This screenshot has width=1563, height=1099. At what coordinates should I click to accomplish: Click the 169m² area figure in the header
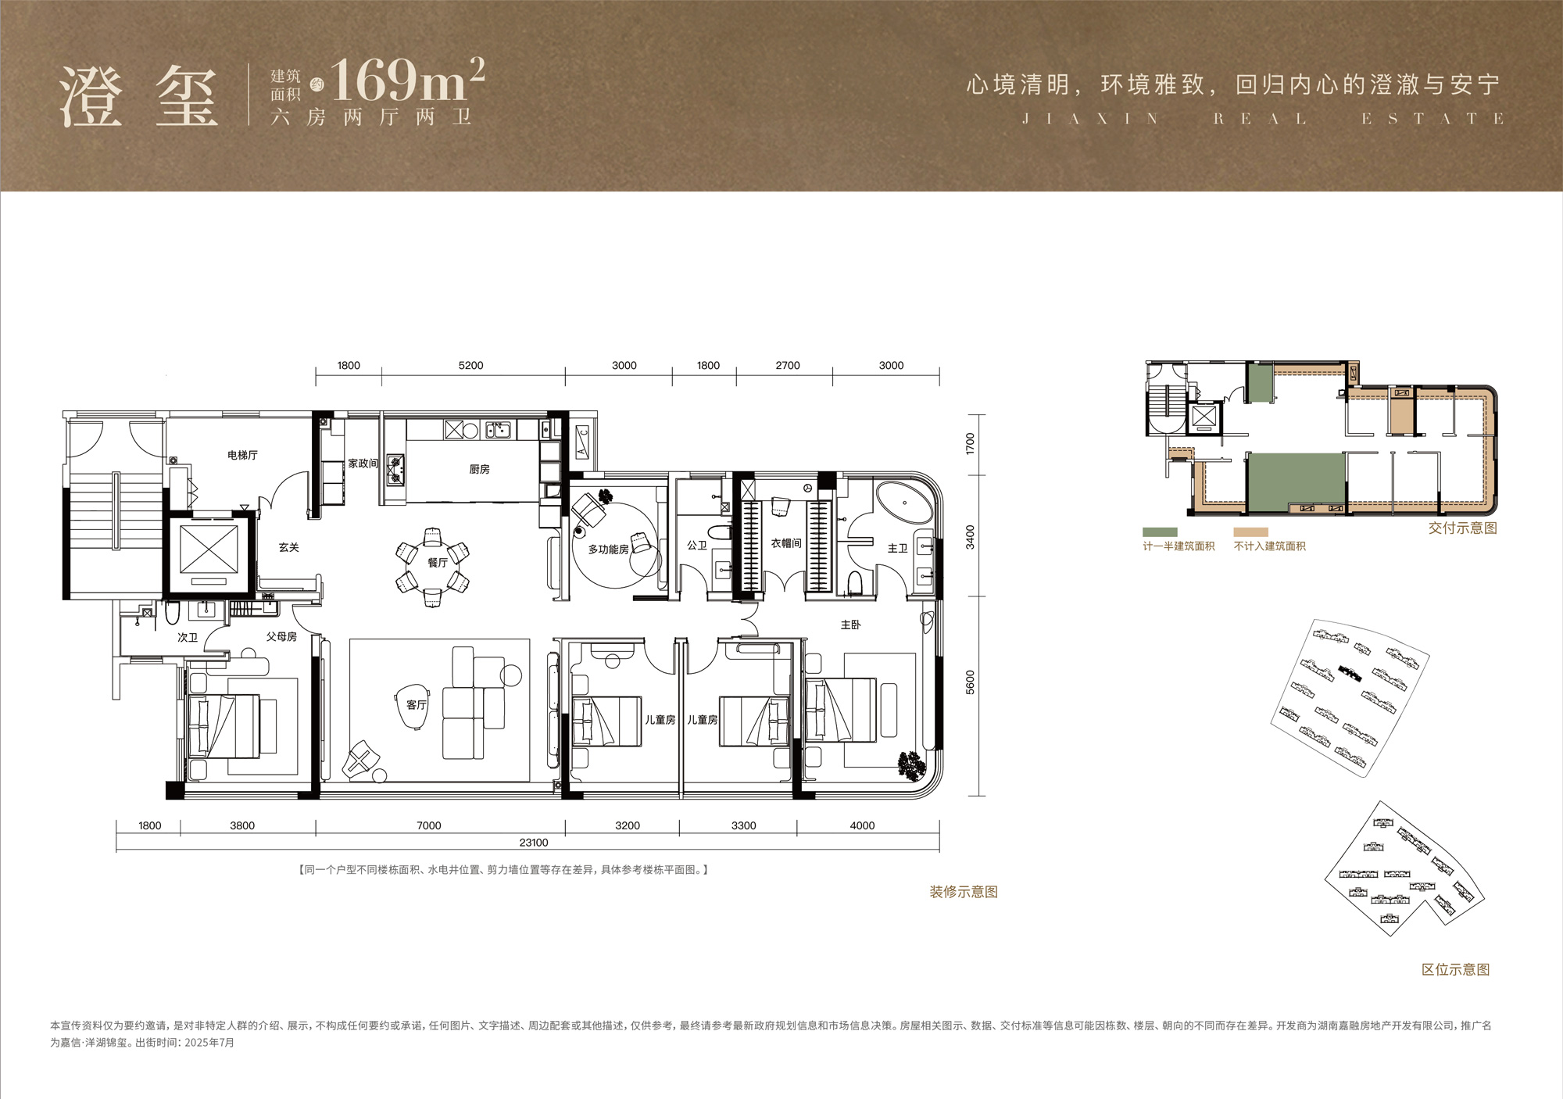(408, 81)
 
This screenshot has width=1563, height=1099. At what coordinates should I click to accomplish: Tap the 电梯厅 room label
(242, 455)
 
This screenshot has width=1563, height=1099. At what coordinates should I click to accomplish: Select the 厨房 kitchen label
(479, 469)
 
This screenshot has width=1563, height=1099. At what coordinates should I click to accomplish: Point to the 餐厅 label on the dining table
(438, 563)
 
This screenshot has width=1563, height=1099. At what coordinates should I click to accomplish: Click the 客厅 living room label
(417, 705)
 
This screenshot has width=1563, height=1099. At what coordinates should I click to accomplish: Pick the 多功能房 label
(608, 549)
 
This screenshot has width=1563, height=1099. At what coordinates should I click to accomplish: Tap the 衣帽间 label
(786, 543)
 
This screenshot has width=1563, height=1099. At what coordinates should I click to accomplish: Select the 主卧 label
(851, 625)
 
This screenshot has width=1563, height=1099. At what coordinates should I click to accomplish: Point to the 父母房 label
(281, 637)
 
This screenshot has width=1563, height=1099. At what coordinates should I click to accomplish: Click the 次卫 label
(188, 638)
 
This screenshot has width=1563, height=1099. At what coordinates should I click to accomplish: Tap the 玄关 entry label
(289, 547)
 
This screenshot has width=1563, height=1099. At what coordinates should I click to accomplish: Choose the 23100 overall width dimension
(534, 843)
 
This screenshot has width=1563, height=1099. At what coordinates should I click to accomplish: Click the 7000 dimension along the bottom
(429, 825)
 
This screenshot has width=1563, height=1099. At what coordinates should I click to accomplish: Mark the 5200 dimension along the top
(471, 365)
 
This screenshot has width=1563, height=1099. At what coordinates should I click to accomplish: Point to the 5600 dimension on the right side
(971, 682)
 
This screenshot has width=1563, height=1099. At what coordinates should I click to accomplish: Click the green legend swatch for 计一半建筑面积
(1160, 532)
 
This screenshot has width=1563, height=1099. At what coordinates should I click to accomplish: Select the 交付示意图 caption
(1463, 528)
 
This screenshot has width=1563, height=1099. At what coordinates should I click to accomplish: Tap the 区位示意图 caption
(1456, 970)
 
